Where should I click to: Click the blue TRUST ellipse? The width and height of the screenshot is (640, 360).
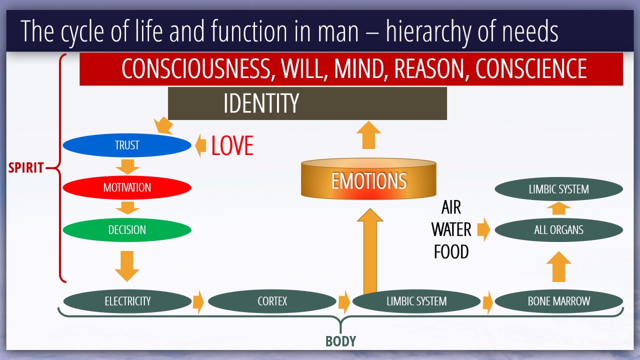click(x=127, y=145)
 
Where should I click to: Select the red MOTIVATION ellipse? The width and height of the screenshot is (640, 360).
click(x=127, y=187)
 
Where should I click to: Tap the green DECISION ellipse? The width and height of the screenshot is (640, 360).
click(x=127, y=229)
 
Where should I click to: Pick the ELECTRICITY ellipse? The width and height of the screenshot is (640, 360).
click(x=127, y=301)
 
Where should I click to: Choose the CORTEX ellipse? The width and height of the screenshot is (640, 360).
click(x=272, y=301)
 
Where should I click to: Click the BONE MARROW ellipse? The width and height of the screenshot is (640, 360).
click(x=559, y=301)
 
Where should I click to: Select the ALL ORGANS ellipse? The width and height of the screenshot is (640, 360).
click(x=559, y=229)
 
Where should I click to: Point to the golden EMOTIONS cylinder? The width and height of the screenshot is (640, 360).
click(x=368, y=179)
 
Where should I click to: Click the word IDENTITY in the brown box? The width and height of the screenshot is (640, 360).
click(x=261, y=103)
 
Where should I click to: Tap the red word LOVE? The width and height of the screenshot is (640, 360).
click(x=232, y=145)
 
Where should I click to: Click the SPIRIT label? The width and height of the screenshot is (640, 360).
click(x=26, y=167)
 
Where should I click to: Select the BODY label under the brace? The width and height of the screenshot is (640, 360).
click(x=340, y=341)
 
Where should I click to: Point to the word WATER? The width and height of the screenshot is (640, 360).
click(x=451, y=229)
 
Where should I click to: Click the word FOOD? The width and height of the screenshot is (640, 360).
click(x=451, y=251)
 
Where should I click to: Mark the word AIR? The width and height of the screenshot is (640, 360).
click(x=451, y=207)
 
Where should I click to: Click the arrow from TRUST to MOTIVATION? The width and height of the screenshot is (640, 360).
click(x=127, y=167)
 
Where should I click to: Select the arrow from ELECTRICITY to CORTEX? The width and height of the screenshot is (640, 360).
click(x=198, y=302)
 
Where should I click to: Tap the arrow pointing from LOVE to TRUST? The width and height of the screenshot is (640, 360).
click(x=200, y=145)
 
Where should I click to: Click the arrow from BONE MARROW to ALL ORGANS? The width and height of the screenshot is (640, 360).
click(x=559, y=266)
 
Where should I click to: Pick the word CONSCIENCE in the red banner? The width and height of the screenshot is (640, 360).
click(x=531, y=68)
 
